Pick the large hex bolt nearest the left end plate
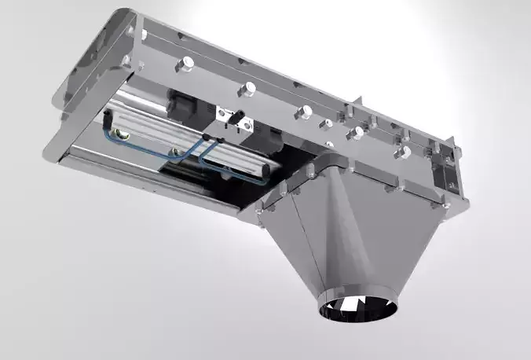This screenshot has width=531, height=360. (188, 62)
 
